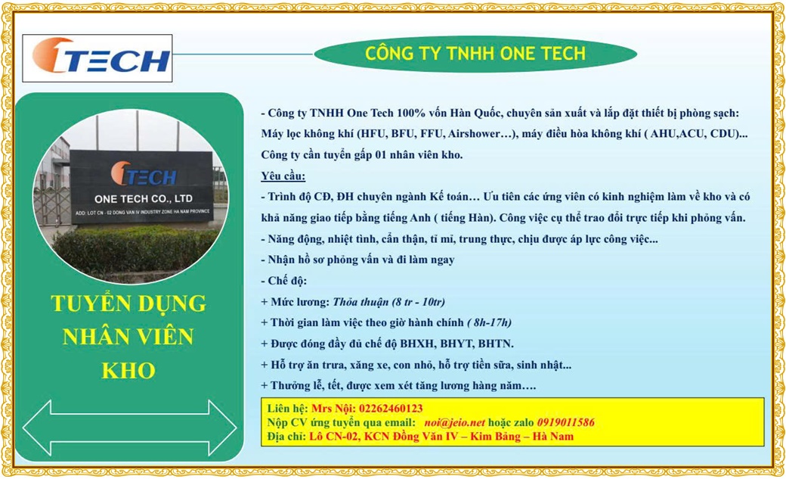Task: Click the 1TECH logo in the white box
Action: [x=101, y=56]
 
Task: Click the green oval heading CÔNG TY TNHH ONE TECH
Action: [x=475, y=54]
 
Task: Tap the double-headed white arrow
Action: [x=129, y=428]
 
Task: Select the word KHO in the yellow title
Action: [x=128, y=371]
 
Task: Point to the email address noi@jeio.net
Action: [x=455, y=422]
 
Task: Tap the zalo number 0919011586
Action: [x=565, y=422]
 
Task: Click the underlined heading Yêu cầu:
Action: [x=283, y=176]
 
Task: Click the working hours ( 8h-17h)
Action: [x=489, y=322]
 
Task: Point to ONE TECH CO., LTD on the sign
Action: [x=144, y=199]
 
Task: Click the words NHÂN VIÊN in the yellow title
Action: [x=128, y=337]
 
